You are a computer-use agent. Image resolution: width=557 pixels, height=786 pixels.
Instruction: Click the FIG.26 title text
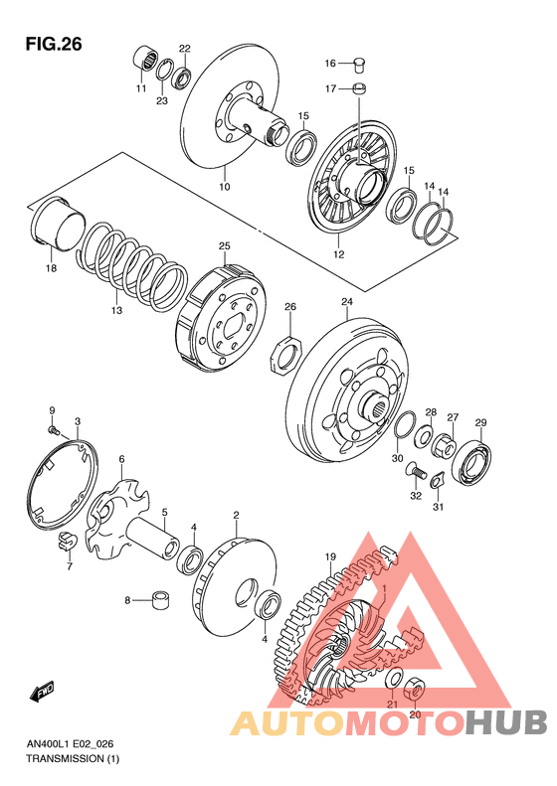click(54, 45)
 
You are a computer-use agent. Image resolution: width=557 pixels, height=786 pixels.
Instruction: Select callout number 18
click(51, 267)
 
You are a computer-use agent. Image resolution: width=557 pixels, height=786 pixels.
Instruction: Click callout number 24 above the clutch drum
click(347, 301)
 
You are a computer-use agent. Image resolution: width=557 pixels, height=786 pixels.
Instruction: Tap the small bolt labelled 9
click(53, 429)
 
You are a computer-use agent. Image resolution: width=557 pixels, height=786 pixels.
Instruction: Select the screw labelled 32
click(416, 471)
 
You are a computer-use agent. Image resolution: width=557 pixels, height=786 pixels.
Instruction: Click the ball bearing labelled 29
click(471, 464)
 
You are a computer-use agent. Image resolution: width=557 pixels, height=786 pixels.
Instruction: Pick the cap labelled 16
click(360, 64)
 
